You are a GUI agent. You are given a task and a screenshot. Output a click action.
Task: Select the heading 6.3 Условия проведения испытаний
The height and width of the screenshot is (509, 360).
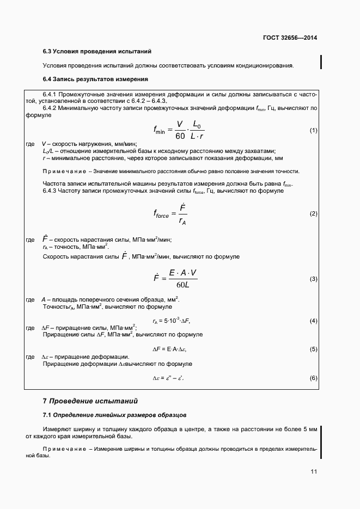click(97, 51)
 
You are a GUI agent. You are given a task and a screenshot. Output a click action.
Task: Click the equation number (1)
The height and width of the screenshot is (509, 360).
click(313, 131)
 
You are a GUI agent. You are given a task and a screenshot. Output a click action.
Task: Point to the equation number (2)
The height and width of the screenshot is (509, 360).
click(313, 213)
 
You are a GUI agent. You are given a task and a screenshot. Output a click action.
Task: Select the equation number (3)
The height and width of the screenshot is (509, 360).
click(313, 279)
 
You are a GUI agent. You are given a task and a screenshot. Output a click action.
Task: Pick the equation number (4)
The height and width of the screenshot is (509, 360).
click(313, 321)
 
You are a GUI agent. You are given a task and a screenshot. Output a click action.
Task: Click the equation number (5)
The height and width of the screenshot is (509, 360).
click(313, 348)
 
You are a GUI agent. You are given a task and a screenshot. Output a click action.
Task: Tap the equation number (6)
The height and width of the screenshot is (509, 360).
click(313, 377)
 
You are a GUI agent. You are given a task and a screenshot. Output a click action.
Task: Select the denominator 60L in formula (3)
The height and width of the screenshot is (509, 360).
click(182, 285)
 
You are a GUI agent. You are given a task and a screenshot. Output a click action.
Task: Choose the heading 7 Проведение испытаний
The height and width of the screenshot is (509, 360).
click(90, 401)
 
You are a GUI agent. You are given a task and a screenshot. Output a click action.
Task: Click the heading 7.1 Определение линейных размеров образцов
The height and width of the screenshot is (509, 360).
click(114, 415)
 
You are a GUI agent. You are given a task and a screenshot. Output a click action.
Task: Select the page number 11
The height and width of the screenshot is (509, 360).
click(314, 472)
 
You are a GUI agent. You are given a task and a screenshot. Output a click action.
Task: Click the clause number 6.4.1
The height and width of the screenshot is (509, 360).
click(51, 94)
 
